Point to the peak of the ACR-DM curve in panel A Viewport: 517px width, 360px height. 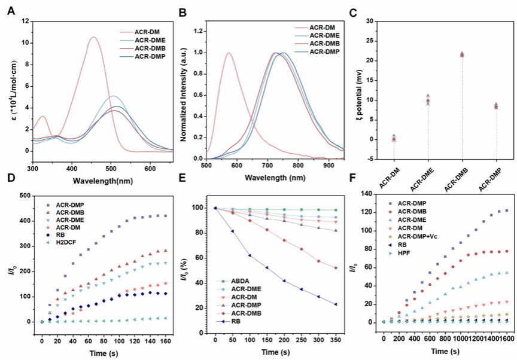(x=93, y=37)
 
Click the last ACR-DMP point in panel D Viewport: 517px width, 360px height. (x=165, y=216)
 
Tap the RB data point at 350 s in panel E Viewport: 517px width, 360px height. (x=336, y=304)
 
